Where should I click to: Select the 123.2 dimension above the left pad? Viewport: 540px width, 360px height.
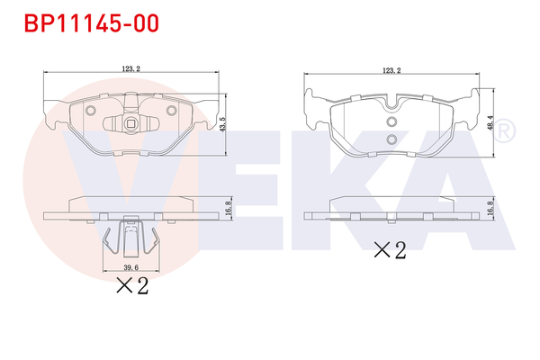point(130,67)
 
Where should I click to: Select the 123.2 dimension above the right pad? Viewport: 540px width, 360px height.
point(391,70)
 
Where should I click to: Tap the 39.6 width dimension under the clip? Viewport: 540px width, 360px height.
point(130,268)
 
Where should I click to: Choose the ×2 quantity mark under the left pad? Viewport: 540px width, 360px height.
point(131,286)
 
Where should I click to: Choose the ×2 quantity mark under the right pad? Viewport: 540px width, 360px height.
point(390,249)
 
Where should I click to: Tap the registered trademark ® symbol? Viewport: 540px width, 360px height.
point(505,131)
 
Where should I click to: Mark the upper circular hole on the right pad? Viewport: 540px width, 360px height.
point(391,123)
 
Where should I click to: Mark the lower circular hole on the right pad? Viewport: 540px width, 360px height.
point(391,139)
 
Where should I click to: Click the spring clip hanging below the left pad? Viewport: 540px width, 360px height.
point(131,241)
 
